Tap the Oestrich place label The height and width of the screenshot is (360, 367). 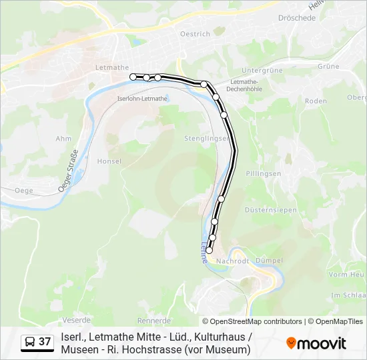[x=195, y=33]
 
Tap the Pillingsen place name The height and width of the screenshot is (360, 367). [x=264, y=173]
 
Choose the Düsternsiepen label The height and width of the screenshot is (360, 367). [x=270, y=209]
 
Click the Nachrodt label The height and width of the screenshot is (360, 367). [x=234, y=261]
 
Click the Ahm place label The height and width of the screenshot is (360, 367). [x=63, y=139]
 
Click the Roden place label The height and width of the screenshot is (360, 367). [x=315, y=101]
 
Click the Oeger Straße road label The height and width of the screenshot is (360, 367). [x=69, y=171]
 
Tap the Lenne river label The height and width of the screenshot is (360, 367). [x=203, y=253]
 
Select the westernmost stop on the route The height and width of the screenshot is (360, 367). [x=133, y=77]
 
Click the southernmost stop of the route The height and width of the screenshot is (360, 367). [x=209, y=251]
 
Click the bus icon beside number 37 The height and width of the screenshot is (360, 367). [x=31, y=342]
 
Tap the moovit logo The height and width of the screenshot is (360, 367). [x=316, y=343]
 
